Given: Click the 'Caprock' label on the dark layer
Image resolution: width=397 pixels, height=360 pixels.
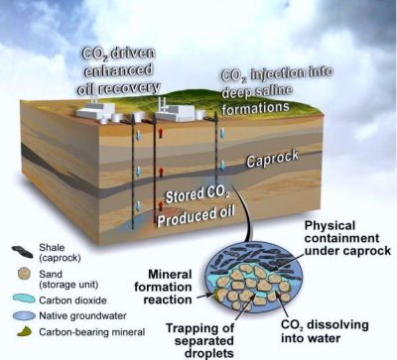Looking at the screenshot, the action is [273, 159].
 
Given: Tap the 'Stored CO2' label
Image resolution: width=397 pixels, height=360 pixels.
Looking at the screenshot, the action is [198, 194].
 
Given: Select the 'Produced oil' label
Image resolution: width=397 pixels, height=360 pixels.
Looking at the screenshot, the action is [196, 216].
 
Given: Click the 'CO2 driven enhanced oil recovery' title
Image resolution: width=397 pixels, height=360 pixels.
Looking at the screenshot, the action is [118, 71].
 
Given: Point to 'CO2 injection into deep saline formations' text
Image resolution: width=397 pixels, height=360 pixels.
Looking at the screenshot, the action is [277, 91].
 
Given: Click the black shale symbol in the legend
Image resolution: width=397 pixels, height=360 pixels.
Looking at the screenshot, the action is [22, 252].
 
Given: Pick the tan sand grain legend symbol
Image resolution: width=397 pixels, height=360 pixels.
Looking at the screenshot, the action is [24, 274].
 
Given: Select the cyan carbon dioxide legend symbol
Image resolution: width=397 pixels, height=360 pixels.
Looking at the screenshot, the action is [24, 299].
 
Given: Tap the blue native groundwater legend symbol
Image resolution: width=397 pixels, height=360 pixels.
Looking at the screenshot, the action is [24, 315].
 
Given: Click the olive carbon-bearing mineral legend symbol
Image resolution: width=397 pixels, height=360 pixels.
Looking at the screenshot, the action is [24, 331].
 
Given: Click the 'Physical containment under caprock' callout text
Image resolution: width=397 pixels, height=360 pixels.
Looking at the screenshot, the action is [347, 238].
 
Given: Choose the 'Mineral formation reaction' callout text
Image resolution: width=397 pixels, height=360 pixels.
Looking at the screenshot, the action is [163, 287].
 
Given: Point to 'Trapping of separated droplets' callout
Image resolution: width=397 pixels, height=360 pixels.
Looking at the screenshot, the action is [199, 340].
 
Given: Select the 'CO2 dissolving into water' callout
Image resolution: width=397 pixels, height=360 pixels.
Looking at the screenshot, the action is [325, 331].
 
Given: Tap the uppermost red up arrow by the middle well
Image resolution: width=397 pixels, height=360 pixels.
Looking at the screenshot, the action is [161, 133].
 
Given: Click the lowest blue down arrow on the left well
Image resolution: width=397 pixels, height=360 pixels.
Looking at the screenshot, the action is [139, 206].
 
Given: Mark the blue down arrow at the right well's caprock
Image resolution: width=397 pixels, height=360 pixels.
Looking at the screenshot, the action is [223, 166].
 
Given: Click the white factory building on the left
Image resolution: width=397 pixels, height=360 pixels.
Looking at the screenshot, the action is [95, 110].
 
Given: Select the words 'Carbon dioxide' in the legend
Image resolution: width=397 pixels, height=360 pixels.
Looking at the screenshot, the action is [72, 300].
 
